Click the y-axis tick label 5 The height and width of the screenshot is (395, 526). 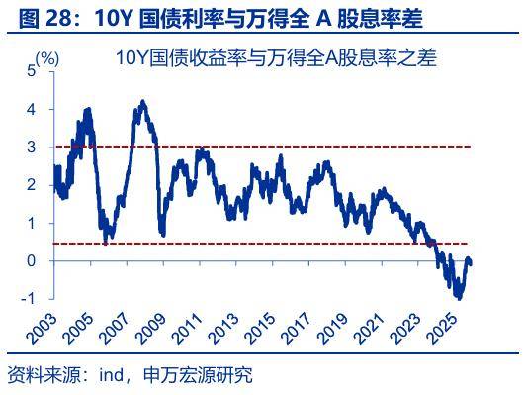(31, 71)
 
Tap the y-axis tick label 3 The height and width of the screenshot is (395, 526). (31, 148)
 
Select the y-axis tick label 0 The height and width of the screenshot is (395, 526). (31, 261)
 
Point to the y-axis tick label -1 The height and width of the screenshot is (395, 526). (28, 299)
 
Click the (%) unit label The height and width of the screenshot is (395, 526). (46, 59)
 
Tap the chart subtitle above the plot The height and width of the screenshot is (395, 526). (276, 58)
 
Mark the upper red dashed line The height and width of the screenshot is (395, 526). (297, 147)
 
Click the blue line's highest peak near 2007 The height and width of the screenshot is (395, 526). (144, 101)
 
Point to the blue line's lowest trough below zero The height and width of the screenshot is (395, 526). (458, 296)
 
